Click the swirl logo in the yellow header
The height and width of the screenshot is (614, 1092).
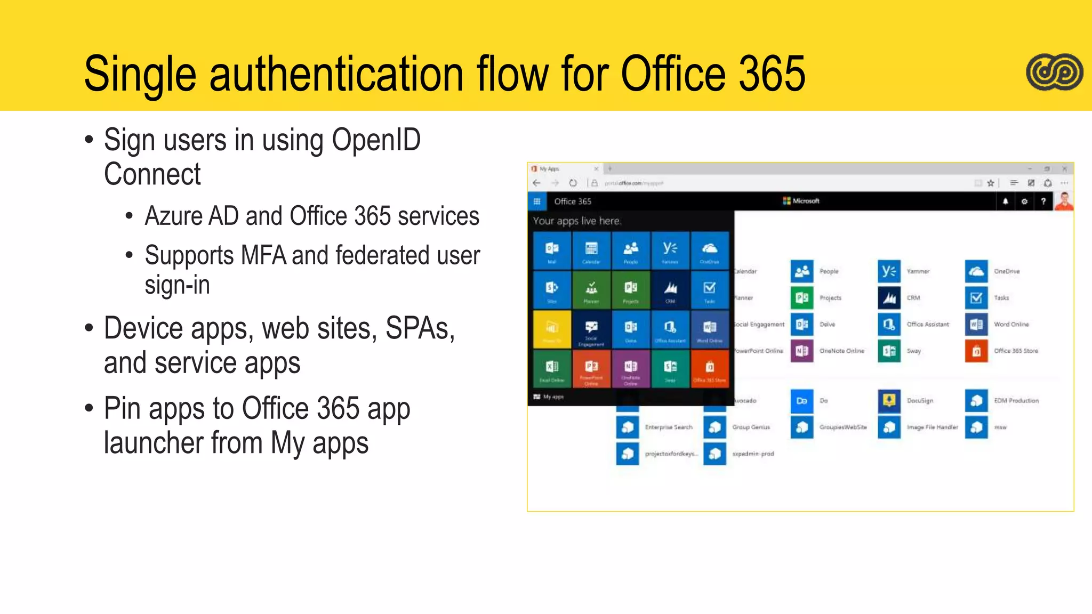pos(1054,72)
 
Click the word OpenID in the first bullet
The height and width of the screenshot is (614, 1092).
pos(376,140)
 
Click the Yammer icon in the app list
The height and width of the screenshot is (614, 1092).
pos(889,271)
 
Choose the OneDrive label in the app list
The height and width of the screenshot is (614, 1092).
pos(1007,271)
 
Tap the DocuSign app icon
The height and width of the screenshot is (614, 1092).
pos(889,401)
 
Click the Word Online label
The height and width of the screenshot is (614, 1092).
pos(1011,324)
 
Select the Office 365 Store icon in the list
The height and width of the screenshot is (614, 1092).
pos(976,351)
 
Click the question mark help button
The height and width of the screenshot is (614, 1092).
pos(1043,201)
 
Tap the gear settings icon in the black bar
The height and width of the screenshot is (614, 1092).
pos(1024,201)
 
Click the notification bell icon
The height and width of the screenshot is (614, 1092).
pos(1005,201)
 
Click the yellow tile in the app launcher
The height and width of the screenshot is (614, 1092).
pos(552,329)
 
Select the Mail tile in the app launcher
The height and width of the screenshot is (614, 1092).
pos(552,250)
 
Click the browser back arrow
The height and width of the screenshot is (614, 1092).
pos(537,183)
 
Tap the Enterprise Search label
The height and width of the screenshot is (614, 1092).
pos(668,427)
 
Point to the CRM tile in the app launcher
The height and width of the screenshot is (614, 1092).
pos(670,290)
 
